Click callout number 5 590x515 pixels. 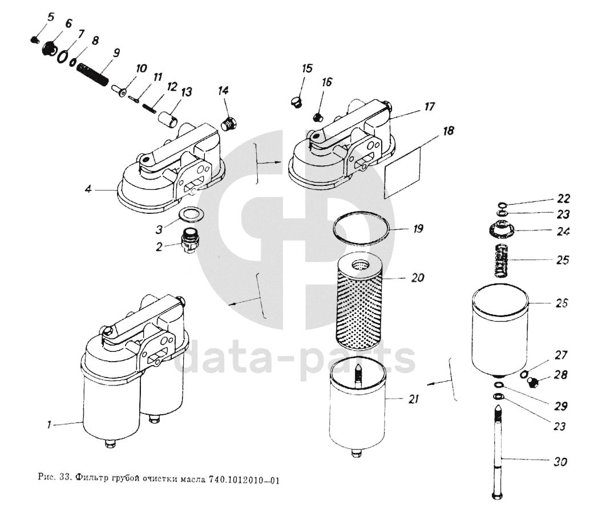(x=50, y=17)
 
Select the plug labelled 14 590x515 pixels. (x=230, y=122)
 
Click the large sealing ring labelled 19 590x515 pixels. (x=363, y=230)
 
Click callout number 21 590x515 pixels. (x=414, y=399)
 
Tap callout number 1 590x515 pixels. (x=50, y=424)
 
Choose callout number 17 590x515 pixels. (x=429, y=106)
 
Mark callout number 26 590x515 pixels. (x=561, y=303)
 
